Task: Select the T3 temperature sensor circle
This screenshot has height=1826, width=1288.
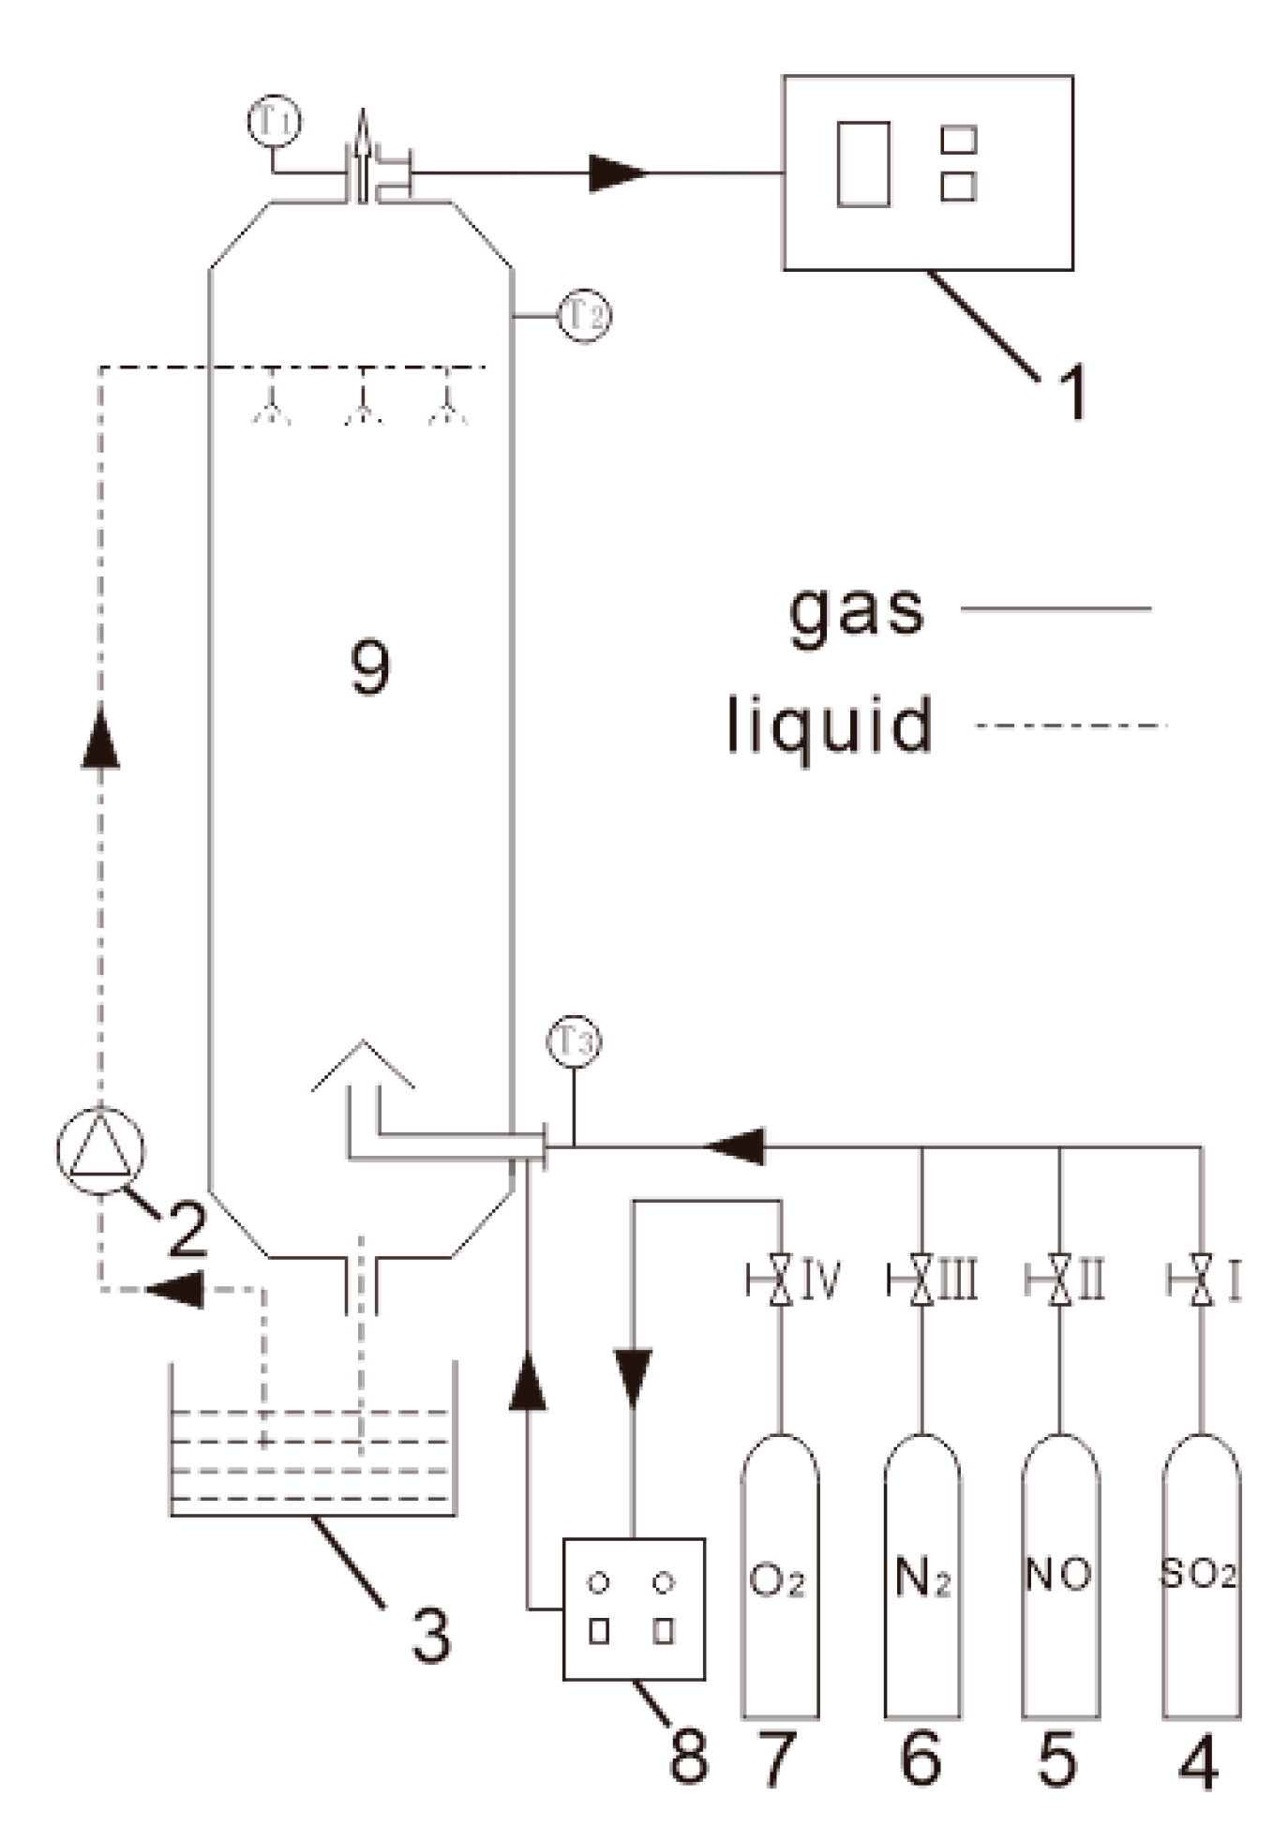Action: pyautogui.click(x=574, y=1041)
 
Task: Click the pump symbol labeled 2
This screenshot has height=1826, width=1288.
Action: pyautogui.click(x=100, y=1150)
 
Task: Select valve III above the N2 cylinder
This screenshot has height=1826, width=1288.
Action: pyautogui.click(x=922, y=1280)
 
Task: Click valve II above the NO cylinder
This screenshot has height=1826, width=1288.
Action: pyautogui.click(x=1060, y=1280)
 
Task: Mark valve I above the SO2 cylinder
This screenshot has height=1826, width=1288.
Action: pyautogui.click(x=1201, y=1280)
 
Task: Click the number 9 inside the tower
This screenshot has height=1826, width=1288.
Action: pyautogui.click(x=369, y=667)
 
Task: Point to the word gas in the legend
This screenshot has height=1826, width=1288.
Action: pyautogui.click(x=856, y=610)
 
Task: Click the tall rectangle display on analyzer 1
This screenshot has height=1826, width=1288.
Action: pyautogui.click(x=863, y=164)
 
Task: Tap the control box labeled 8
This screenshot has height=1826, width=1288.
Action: pyautogui.click(x=633, y=1609)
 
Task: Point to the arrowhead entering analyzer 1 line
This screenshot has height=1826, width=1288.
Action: pyautogui.click(x=618, y=173)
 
